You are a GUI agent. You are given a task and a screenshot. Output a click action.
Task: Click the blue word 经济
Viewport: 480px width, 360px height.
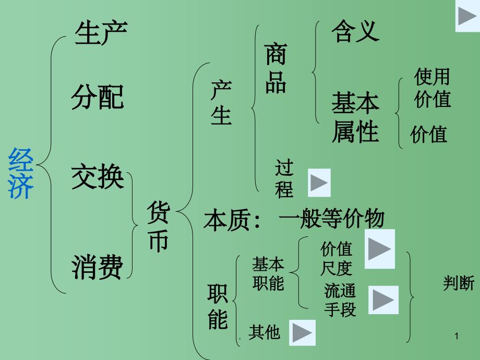[21, 173]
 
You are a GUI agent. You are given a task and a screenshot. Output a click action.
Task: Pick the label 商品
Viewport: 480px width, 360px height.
[275, 68]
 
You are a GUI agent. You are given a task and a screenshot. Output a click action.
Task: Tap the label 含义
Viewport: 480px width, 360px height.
[355, 31]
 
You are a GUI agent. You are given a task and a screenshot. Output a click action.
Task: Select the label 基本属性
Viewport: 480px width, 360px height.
[355, 118]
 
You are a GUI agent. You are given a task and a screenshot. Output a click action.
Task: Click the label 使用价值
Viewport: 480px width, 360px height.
[432, 88]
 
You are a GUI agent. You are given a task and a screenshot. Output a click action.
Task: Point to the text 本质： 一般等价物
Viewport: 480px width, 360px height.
[294, 219]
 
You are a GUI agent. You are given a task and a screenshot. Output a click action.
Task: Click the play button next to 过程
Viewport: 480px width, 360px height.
[319, 182]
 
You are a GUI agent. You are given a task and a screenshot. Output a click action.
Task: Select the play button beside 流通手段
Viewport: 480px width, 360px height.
[383, 300]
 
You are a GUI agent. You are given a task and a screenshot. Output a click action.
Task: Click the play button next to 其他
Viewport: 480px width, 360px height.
[302, 332]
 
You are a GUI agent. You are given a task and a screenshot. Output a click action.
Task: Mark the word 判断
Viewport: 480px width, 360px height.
[459, 283]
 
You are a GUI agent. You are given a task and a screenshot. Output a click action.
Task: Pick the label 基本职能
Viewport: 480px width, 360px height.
[268, 274]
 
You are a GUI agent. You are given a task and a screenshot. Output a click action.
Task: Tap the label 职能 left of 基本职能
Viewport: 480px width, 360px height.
[218, 307]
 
